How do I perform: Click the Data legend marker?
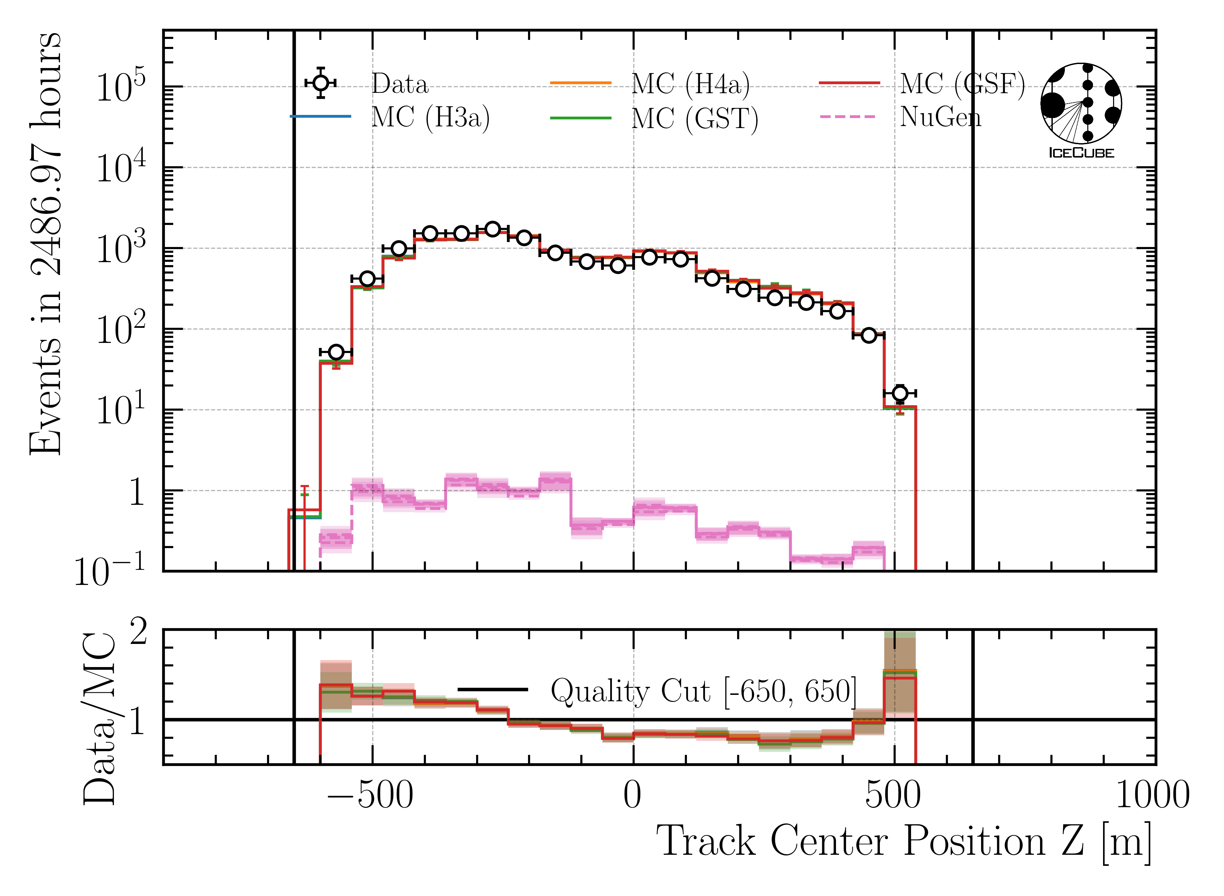click(x=321, y=83)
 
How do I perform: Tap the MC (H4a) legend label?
click(x=691, y=84)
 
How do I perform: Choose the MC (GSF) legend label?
click(x=962, y=84)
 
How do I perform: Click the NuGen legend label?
click(x=941, y=117)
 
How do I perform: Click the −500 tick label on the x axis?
click(x=370, y=795)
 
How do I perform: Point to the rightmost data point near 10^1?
click(x=900, y=393)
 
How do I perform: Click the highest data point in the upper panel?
click(x=492, y=229)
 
